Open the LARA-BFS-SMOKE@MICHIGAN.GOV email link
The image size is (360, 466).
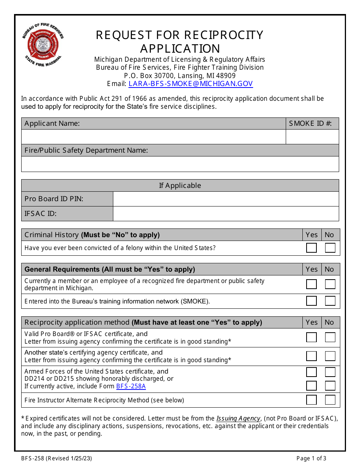[x=190, y=84]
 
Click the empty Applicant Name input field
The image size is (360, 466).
[x=153, y=137]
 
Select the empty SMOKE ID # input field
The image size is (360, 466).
[x=312, y=137]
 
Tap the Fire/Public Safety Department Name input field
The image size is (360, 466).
[x=180, y=164]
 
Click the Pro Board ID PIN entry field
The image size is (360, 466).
[x=226, y=199]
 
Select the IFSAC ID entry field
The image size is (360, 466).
[x=226, y=214]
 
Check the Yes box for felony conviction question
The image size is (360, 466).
[x=311, y=248]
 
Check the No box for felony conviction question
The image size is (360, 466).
[x=330, y=248]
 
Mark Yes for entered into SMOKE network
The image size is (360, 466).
[x=311, y=301]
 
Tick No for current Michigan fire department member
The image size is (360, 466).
[x=330, y=284]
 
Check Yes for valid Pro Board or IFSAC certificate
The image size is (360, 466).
[x=311, y=337]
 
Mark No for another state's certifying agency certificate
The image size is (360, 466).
[x=330, y=356]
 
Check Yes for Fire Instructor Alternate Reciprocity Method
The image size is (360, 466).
[x=311, y=400]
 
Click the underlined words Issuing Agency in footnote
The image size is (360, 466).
[x=238, y=419]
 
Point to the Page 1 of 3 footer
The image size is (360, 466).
[x=311, y=458]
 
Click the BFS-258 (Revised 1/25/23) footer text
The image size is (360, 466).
[x=56, y=458]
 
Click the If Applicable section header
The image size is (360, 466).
[x=180, y=186]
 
